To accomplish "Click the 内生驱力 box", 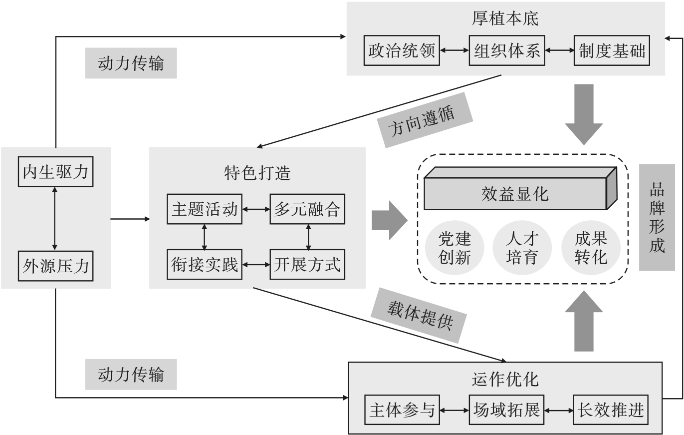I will coord(55,172).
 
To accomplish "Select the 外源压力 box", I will coord(55,265).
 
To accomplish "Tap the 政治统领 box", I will coord(402,50).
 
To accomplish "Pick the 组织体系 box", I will coord(507,50).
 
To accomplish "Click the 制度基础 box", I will coord(612,50).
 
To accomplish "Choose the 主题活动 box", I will coord(205,209).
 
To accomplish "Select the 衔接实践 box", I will coord(205,264).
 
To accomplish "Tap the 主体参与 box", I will coord(402,410).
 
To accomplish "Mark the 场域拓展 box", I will coord(507,410).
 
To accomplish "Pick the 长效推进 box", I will coord(612,410).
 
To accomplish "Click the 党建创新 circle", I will coord(455,248).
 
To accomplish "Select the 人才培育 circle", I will coord(522,248).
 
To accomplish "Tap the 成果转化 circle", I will coord(591,248).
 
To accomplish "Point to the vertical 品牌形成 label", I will coord(657,217).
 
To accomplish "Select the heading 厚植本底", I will coord(505,18).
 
